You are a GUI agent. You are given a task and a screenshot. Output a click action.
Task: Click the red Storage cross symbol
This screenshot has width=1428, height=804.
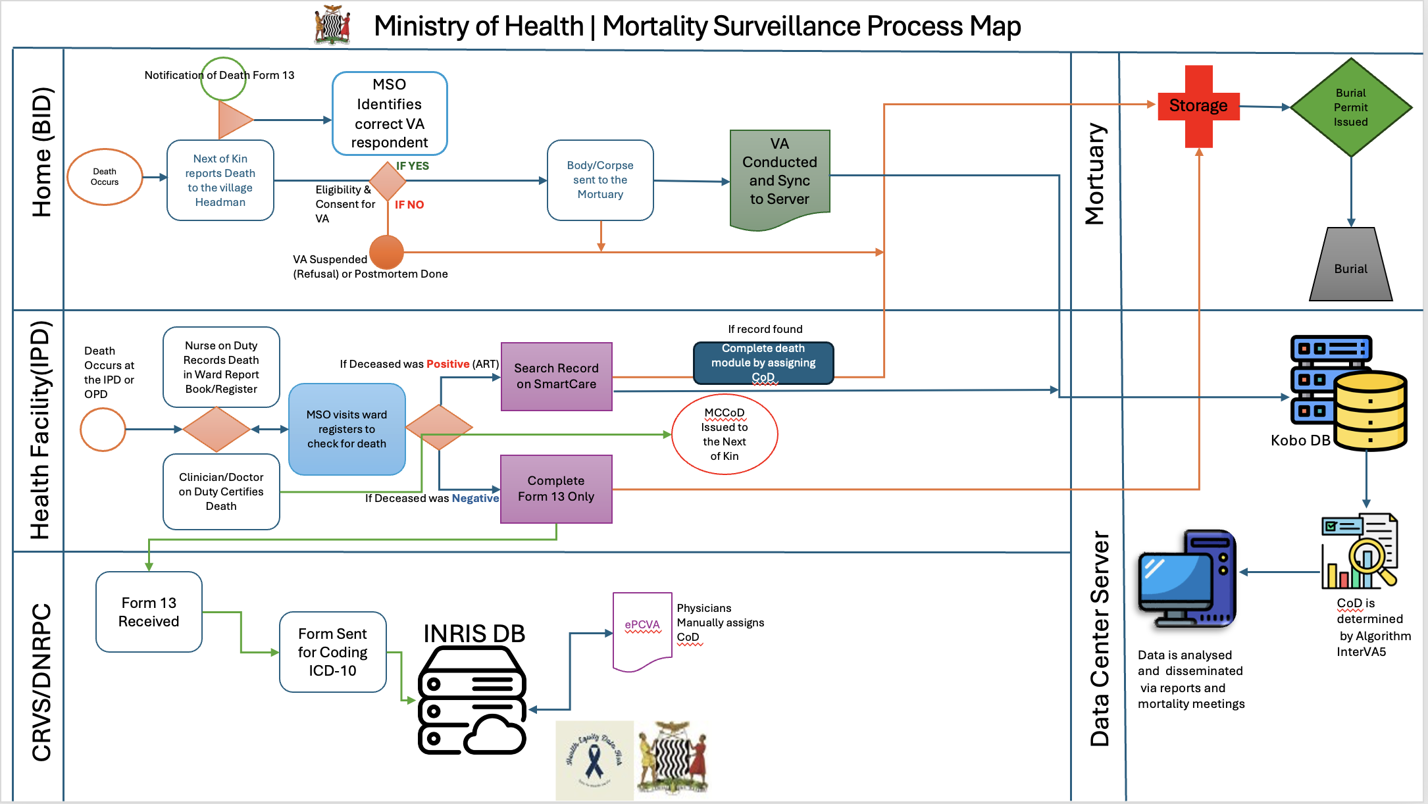coord(1198,106)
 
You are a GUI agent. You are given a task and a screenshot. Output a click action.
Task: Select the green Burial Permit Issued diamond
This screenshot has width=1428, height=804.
coord(1351,107)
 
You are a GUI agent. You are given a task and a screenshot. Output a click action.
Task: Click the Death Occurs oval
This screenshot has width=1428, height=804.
coord(105,177)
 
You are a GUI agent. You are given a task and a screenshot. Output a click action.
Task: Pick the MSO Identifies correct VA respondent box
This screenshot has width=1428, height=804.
coord(390,113)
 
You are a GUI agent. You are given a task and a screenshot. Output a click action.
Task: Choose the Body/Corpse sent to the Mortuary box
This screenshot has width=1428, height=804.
coord(600,180)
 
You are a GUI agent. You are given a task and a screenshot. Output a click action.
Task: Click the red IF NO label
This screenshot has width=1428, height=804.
coord(409,205)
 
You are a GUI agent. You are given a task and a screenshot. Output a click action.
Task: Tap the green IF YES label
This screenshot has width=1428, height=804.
coord(413,166)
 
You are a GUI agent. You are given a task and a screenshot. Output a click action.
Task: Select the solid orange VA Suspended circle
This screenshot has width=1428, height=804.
coord(386,252)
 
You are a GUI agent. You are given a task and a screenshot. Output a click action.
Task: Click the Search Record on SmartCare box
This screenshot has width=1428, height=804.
coord(557,376)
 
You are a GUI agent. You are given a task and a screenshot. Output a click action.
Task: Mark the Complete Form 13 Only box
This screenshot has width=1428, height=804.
coord(556,489)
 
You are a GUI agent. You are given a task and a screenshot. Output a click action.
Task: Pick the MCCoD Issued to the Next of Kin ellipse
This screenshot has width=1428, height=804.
coord(725,434)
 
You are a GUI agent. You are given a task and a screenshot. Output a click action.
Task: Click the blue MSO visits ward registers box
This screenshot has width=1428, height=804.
coord(347,429)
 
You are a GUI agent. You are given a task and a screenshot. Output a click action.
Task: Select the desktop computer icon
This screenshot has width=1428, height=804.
coord(1188,578)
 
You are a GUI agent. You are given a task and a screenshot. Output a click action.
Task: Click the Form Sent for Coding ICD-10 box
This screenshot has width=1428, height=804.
coord(332,652)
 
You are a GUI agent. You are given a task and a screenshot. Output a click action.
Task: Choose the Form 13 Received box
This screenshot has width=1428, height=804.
coord(149,612)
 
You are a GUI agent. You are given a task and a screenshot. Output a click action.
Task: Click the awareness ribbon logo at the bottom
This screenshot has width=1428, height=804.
coord(594,761)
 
